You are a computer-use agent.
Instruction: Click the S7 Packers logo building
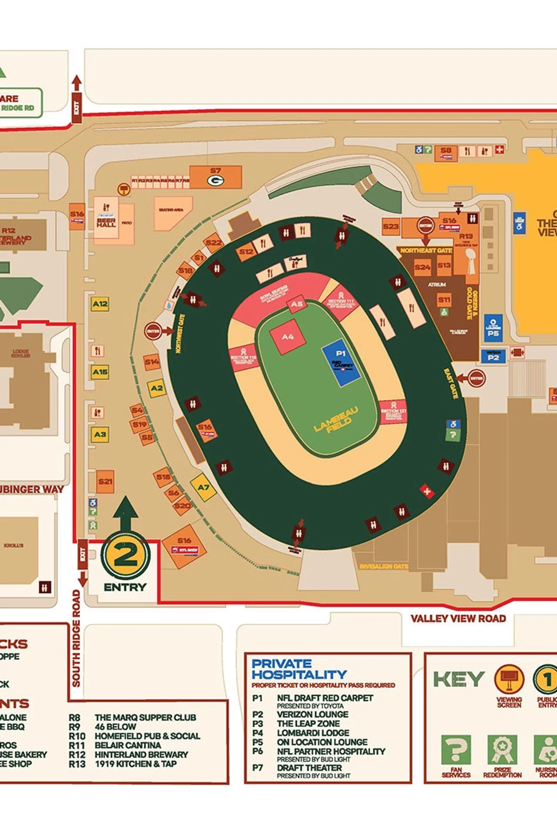click(215, 177)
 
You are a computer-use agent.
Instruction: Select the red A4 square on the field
click(288, 337)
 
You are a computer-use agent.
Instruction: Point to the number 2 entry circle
click(126, 555)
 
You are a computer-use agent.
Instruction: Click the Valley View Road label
click(458, 618)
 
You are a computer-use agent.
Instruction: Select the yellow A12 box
click(100, 304)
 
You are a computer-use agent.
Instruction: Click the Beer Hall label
click(106, 223)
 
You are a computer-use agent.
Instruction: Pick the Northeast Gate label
click(426, 250)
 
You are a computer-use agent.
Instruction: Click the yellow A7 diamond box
click(203, 488)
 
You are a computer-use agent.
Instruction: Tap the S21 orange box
click(105, 481)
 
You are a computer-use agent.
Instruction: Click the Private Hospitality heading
click(299, 669)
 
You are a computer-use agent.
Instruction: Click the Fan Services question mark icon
click(456, 750)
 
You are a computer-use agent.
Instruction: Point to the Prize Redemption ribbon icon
click(502, 750)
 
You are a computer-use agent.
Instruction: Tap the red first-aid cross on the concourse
click(427, 491)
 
